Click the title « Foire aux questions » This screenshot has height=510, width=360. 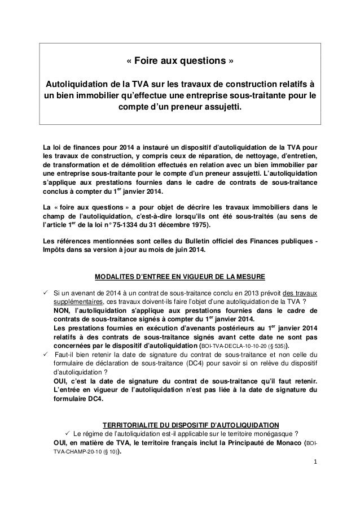pos(179,60)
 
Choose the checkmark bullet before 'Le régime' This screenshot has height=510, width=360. pos(67,433)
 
